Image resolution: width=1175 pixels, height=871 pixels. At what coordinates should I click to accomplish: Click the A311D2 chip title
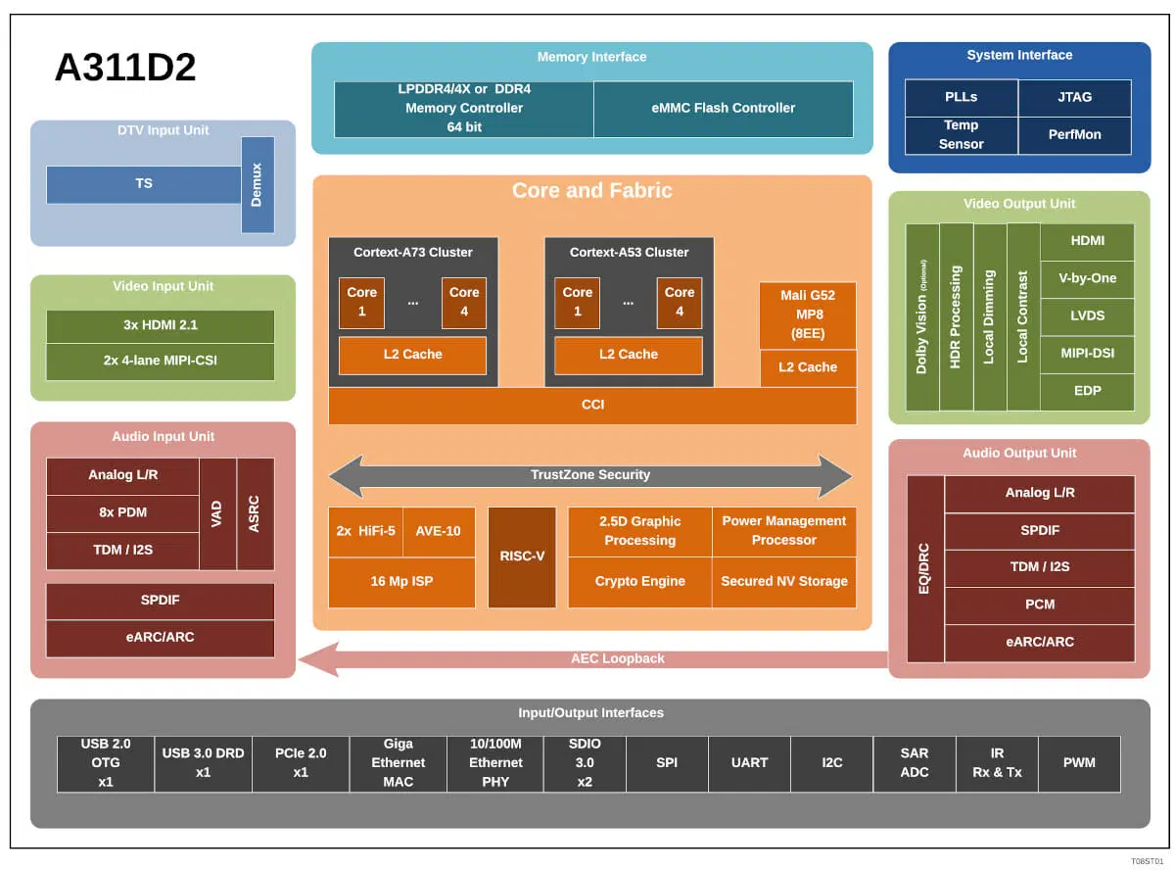(x=125, y=68)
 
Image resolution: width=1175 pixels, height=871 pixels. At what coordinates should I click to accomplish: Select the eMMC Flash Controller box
(x=723, y=108)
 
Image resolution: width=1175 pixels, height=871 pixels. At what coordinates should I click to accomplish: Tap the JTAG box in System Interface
(x=1074, y=97)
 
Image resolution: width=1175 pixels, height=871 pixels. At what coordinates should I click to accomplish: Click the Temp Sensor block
(x=961, y=134)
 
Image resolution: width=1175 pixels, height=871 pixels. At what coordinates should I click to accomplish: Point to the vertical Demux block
(x=258, y=184)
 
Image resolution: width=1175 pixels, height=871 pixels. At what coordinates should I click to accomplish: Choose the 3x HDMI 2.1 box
(x=160, y=325)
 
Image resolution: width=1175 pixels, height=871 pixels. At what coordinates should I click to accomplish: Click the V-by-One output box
(x=1087, y=278)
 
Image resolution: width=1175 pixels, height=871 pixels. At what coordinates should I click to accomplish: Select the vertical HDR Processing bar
(x=956, y=316)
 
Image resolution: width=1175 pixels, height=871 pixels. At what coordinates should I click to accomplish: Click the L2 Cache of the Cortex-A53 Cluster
(x=628, y=355)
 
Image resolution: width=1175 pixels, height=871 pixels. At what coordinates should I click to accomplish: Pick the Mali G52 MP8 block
(x=807, y=315)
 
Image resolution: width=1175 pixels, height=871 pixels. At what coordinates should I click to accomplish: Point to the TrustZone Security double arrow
(x=589, y=475)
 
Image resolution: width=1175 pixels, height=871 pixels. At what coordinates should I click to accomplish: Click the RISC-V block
(x=521, y=556)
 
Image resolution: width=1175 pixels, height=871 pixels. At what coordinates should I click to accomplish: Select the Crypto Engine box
(x=639, y=582)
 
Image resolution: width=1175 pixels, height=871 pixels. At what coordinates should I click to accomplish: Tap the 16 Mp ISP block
(x=401, y=582)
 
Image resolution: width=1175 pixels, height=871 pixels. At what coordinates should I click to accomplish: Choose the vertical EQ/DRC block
(x=924, y=568)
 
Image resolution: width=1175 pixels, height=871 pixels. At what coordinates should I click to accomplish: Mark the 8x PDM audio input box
(x=122, y=512)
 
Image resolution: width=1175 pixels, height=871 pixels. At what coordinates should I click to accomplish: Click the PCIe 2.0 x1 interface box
(x=300, y=763)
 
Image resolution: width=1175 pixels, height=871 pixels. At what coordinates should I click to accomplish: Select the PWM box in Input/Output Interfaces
(x=1078, y=763)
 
